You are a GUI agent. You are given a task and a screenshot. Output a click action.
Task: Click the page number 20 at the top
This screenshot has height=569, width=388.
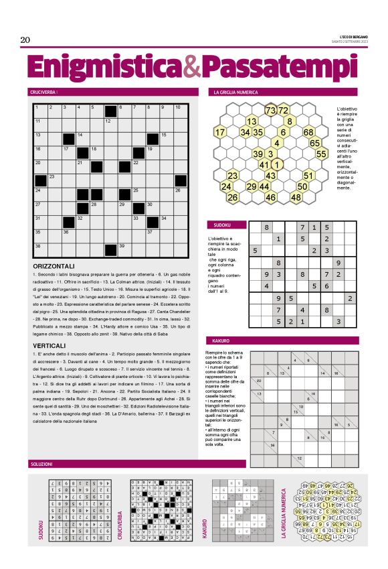(25, 40)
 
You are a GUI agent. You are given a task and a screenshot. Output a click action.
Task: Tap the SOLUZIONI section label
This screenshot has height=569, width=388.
(42, 464)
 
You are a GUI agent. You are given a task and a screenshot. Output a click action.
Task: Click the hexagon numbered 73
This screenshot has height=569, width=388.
(271, 111)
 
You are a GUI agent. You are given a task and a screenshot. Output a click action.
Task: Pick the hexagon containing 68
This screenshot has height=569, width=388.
(308, 132)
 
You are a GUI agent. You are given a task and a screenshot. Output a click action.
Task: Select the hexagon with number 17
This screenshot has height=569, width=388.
(220, 132)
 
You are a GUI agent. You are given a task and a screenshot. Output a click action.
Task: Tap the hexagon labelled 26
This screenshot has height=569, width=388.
(233, 198)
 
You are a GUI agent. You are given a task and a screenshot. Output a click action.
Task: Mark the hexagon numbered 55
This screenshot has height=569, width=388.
(321, 153)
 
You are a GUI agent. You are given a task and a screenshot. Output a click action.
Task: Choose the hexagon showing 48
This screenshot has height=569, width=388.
(296, 198)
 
